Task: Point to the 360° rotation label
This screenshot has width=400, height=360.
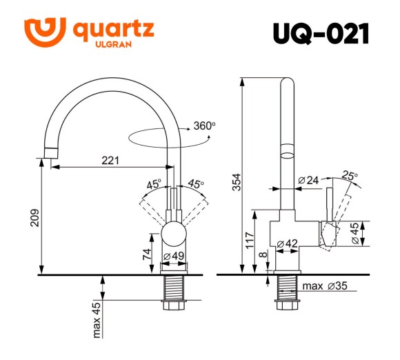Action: pos(204,126)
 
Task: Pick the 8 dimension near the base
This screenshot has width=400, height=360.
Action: pos(264,255)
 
